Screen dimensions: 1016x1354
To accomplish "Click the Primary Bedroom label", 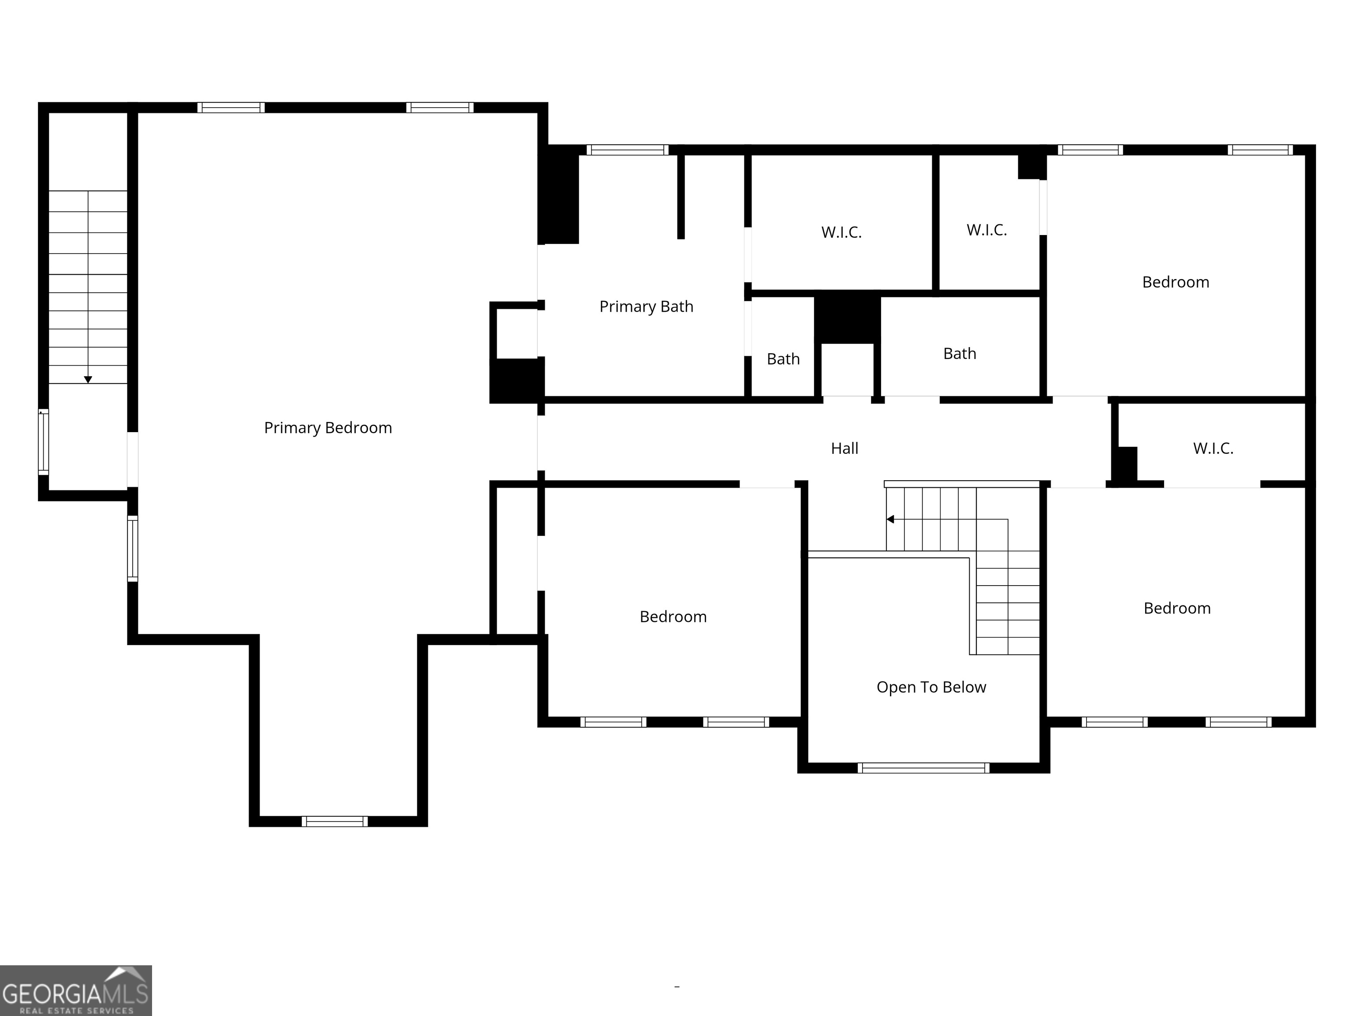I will [327, 427].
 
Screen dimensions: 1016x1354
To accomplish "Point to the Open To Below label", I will [931, 687].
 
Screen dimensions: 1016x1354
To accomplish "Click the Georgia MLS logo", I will [75, 990].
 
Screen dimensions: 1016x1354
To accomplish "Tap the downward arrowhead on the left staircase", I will [88, 380].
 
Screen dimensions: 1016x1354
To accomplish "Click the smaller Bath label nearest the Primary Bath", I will [783, 359].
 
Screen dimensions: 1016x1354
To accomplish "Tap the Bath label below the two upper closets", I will [959, 353].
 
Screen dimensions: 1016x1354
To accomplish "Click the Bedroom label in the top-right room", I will [1175, 282].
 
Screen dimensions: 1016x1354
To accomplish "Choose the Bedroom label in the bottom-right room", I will [1176, 608].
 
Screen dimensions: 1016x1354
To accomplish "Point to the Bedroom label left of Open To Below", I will [673, 617].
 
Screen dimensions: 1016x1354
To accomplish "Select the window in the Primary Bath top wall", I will [628, 150].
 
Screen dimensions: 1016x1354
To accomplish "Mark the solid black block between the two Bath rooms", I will [847, 318].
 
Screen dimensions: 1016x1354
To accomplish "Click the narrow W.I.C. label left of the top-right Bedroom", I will [986, 230].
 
